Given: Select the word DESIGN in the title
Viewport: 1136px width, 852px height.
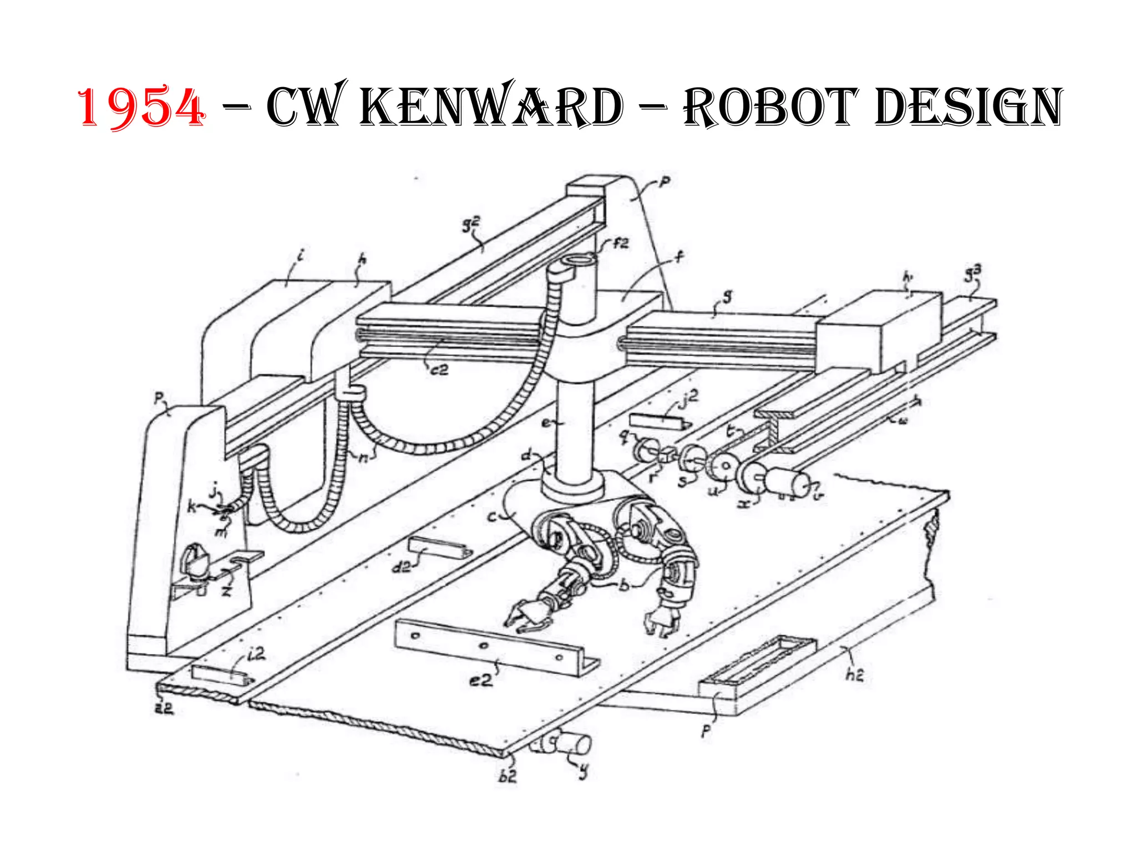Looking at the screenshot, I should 967,106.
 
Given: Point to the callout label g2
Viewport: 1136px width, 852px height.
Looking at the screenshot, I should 471,225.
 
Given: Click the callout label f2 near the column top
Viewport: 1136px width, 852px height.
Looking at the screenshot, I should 621,243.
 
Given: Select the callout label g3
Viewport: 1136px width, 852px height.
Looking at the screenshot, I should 973,272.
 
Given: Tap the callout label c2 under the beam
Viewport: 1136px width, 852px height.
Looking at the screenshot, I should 439,369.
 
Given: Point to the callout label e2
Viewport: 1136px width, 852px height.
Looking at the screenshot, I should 481,679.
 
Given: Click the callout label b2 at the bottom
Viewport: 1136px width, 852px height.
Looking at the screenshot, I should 508,775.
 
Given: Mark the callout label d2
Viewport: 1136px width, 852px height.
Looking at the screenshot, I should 402,566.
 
